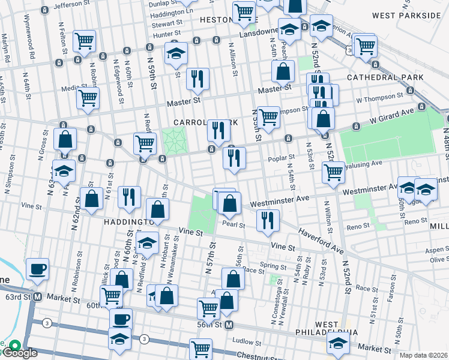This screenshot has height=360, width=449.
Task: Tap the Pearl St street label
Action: pyautogui.click(x=234, y=225)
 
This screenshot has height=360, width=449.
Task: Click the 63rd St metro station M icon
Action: pyautogui.click(x=37, y=297)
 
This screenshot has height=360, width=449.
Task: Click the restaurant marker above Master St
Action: pyautogui.click(x=197, y=78)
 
